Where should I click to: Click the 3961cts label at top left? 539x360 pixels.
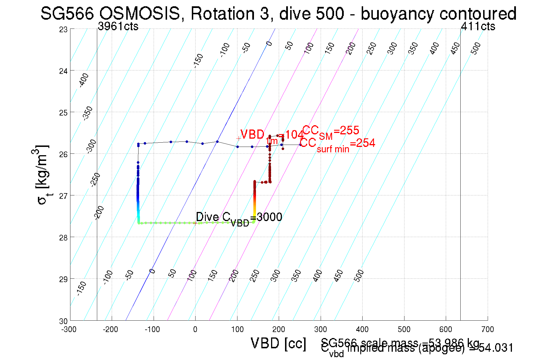118,26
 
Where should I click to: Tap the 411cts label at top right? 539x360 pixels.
478,26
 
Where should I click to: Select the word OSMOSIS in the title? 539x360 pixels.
140,13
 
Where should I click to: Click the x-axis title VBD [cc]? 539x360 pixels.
278,343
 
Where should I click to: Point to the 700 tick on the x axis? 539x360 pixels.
487,329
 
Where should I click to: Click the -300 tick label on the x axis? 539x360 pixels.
69,329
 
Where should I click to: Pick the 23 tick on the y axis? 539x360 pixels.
63,29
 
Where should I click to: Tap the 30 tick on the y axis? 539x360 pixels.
63,321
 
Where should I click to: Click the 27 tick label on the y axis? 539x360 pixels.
63,196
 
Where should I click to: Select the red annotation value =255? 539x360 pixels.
346,130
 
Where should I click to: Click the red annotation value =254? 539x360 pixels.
362,143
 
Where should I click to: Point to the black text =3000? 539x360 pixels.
266,217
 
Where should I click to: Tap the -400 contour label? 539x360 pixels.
84,80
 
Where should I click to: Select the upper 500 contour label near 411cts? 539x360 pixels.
475,48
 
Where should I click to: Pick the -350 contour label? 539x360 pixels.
88,113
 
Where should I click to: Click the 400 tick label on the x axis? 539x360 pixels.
362,329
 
